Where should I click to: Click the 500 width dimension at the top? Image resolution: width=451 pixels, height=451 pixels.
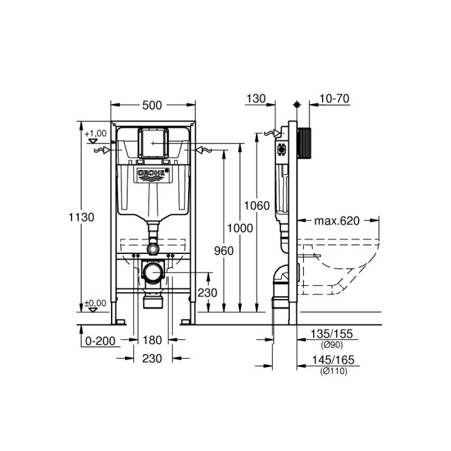[x=152, y=105]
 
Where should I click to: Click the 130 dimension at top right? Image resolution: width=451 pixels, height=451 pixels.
[x=256, y=99]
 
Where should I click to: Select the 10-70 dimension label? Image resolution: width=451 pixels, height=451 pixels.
[x=333, y=99]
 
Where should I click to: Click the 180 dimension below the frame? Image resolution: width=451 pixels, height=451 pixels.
[x=151, y=340]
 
